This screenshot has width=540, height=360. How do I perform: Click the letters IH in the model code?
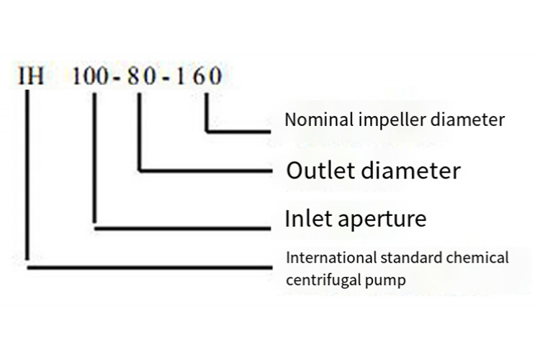(31, 76)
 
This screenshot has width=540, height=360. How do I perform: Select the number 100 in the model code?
(91, 76)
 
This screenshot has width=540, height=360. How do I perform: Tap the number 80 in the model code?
(141, 76)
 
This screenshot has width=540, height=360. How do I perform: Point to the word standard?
(405, 257)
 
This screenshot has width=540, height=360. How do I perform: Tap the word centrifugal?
(323, 279)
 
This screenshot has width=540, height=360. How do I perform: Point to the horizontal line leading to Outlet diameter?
(204, 171)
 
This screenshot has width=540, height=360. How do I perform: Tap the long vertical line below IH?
(27, 180)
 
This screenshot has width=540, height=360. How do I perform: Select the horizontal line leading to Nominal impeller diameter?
(238, 132)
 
